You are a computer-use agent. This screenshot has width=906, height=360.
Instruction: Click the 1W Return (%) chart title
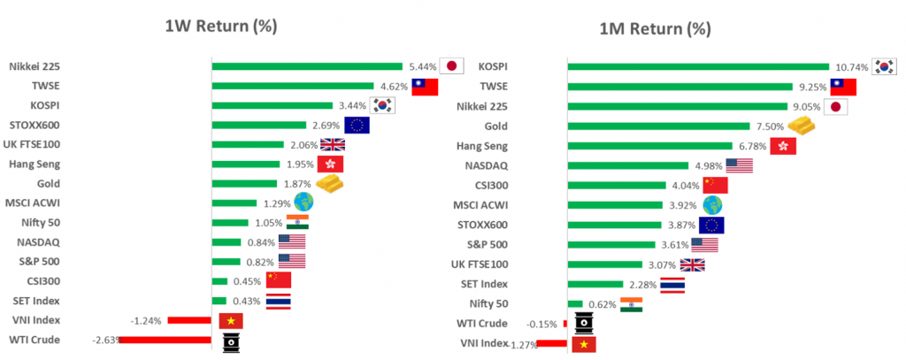pyautogui.click(x=220, y=26)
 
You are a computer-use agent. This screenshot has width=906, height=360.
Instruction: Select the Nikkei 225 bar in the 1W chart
pyautogui.click(x=307, y=65)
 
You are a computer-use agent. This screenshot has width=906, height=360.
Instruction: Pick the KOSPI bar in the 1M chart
pyautogui.click(x=697, y=66)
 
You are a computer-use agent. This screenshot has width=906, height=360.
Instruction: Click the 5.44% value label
pyautogui.click(x=422, y=65)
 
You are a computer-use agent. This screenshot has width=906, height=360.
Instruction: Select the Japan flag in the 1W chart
pyautogui.click(x=452, y=65)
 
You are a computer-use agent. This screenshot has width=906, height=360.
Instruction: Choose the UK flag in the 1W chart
pyautogui.click(x=332, y=144)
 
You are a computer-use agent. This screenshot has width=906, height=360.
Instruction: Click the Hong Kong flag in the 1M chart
pyautogui.click(x=784, y=146)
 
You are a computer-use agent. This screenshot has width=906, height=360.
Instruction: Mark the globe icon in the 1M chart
pyautogui.click(x=712, y=205)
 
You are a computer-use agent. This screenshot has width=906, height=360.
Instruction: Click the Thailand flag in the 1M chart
pyautogui.click(x=672, y=284)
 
